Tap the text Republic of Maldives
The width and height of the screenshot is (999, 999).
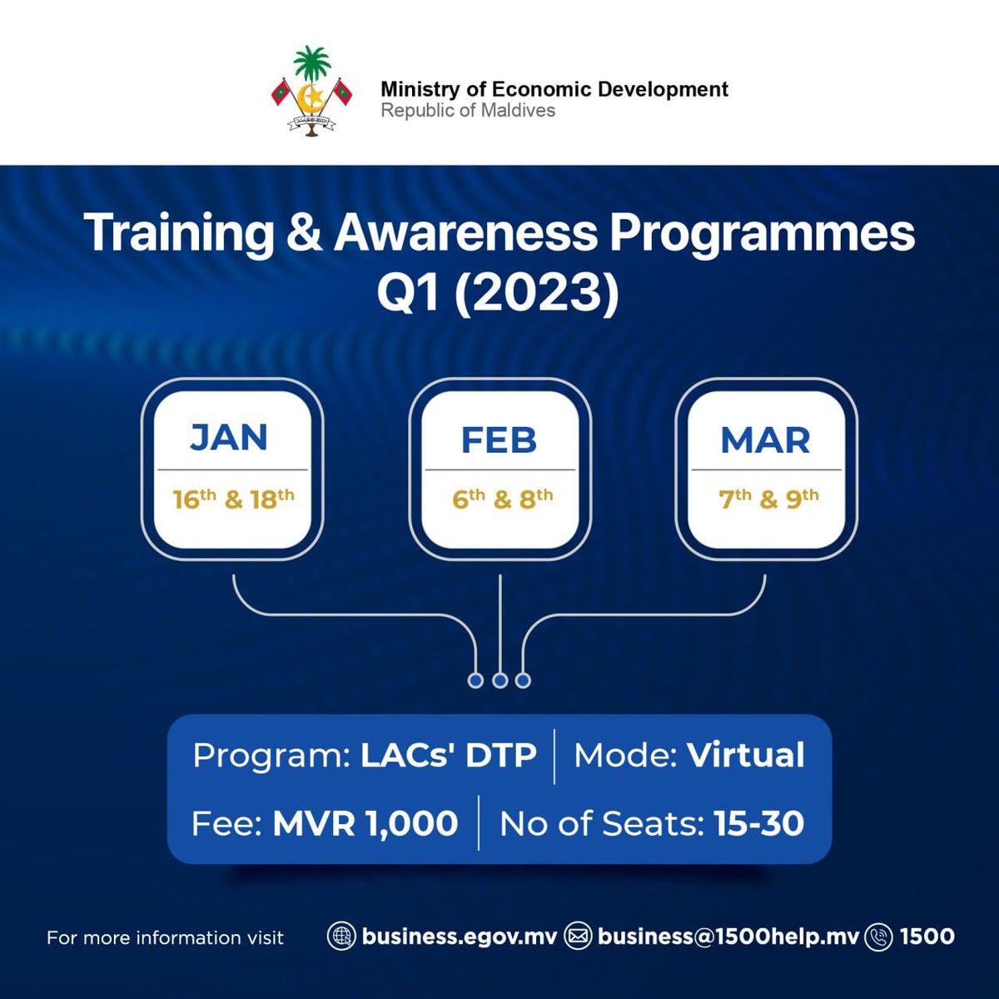[x=468, y=111]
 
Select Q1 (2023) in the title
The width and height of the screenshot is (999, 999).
[x=498, y=293]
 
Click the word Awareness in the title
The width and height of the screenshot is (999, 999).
[x=465, y=233]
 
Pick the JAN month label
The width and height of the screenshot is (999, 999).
[x=229, y=438]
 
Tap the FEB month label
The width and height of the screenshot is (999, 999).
[x=499, y=440]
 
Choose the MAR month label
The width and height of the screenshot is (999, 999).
[x=765, y=440]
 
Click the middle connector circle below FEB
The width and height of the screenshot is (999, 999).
[x=499, y=681]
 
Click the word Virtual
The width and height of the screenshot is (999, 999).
[x=745, y=756]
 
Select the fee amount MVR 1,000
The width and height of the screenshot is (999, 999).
[x=365, y=823]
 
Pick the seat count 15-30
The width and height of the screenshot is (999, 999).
[x=758, y=823]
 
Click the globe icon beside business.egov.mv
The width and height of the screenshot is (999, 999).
[x=340, y=937]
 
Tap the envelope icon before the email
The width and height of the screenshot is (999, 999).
[x=577, y=937]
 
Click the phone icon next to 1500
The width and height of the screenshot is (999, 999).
[x=878, y=937]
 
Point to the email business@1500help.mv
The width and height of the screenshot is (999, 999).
[x=728, y=937]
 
